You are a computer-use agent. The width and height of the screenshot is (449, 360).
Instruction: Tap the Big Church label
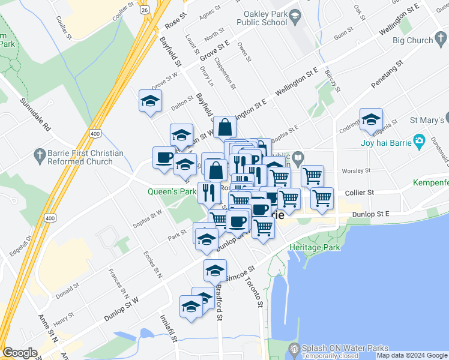pos(412,40)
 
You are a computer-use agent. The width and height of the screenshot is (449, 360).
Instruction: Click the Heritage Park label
pos(315,247)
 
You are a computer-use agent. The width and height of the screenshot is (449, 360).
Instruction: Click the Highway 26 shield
pos(144,10)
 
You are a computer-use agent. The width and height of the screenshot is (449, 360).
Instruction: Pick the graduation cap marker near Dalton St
pos(151,101)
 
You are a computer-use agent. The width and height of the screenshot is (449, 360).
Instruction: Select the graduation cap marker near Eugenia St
pos(372,120)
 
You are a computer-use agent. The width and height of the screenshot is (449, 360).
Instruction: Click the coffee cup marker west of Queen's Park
pos(164,158)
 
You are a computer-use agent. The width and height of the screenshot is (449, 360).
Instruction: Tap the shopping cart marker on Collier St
pos(322,199)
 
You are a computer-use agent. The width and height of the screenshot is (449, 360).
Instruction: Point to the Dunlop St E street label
pos(371,214)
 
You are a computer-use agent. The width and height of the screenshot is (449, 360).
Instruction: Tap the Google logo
pos(20,353)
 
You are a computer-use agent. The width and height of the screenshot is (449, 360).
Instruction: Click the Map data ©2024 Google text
pos(411,355)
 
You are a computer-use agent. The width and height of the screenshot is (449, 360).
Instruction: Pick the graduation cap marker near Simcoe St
pos(215,271)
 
